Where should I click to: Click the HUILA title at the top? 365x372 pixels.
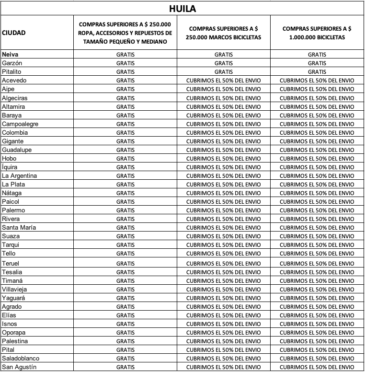(x=182, y=9)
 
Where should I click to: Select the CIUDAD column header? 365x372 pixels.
(x=14, y=33)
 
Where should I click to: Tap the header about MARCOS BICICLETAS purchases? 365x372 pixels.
(x=223, y=33)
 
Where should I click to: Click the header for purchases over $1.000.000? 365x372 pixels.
(x=317, y=33)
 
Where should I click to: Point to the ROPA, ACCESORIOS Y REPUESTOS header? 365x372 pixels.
(x=125, y=33)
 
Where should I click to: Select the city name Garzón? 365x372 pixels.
(x=12, y=63)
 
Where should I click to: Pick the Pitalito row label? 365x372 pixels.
(x=12, y=72)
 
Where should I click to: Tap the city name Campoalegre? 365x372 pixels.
(x=20, y=124)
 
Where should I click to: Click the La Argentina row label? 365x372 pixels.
(x=19, y=175)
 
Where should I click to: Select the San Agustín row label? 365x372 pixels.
(x=19, y=367)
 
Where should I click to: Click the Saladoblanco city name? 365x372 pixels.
(x=21, y=359)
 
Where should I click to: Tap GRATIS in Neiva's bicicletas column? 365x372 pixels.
(x=317, y=55)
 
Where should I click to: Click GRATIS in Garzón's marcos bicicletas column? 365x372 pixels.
(x=223, y=63)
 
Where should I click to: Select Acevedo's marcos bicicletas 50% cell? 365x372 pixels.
(x=223, y=81)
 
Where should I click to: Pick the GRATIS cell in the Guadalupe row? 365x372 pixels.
(x=125, y=150)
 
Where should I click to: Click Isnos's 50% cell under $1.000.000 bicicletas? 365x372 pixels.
(x=317, y=324)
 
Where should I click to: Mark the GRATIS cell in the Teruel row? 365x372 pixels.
(x=125, y=264)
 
